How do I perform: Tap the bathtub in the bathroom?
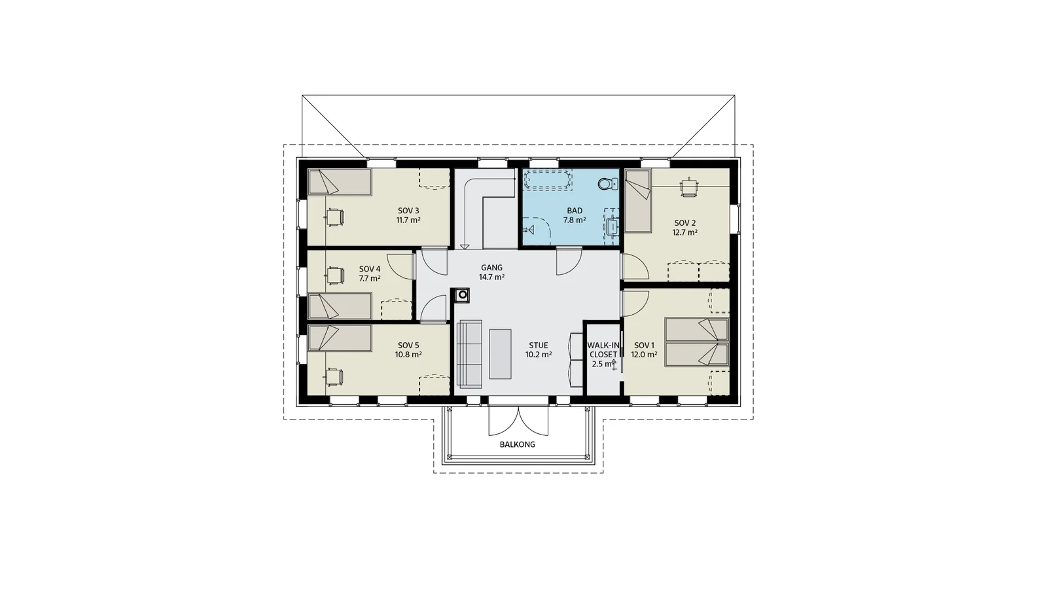(548, 180)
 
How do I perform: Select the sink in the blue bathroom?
(612, 226)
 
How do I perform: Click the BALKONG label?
(518, 444)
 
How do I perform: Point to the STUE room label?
(539, 346)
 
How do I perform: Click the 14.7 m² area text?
(491, 277)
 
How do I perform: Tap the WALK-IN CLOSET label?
(603, 349)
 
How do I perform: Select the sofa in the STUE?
(469, 354)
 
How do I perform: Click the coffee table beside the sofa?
(500, 354)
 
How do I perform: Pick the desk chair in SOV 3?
(335, 217)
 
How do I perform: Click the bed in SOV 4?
(340, 306)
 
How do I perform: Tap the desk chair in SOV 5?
(334, 377)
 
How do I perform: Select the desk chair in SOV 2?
(688, 187)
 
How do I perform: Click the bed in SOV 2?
(639, 200)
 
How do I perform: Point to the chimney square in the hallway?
(462, 295)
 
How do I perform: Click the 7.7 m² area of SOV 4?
(369, 279)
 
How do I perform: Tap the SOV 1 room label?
(644, 346)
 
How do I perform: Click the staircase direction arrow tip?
(465, 248)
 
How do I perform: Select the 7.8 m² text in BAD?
(575, 220)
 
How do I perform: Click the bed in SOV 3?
(340, 182)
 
